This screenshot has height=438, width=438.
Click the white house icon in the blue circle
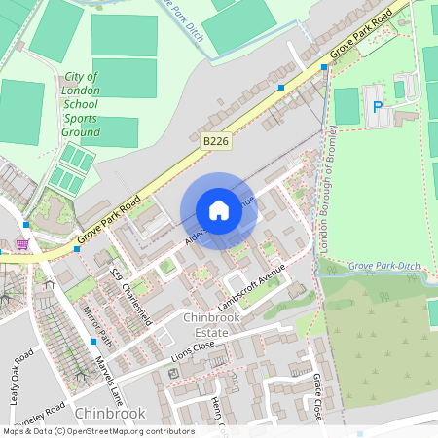point(218,210)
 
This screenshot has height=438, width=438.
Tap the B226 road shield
point(216,142)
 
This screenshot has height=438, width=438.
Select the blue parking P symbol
point(377,106)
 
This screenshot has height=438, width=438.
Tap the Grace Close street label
point(317,398)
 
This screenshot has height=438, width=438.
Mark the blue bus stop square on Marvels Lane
point(93,342)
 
